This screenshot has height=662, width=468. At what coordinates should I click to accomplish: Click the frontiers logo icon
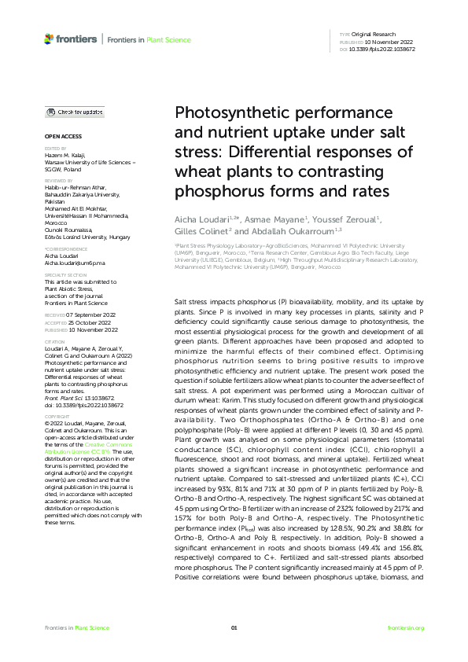[50, 38]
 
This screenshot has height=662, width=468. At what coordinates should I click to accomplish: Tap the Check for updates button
[75, 112]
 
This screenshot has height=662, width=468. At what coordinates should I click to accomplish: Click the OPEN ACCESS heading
[60, 136]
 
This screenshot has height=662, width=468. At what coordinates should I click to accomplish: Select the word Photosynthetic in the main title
[227, 114]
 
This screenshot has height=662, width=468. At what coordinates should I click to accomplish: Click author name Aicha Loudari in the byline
[201, 218]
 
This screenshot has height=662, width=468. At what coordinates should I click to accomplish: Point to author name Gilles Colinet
[200, 231]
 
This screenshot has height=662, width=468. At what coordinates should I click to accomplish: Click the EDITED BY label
[54, 148]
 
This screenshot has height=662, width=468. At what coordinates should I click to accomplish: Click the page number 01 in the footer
[234, 627]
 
